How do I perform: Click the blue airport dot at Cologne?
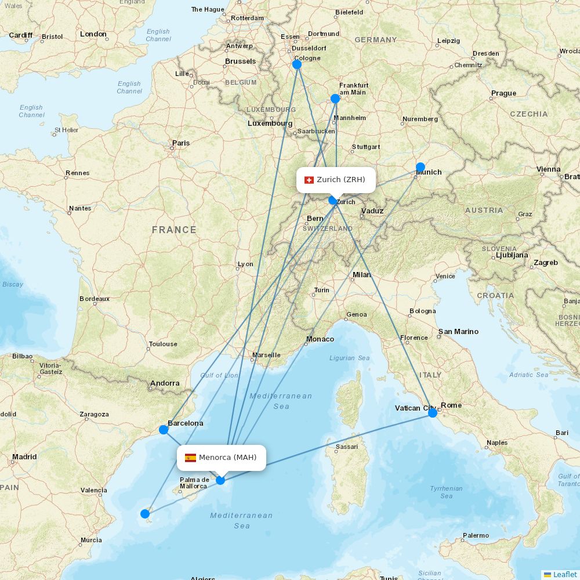(x=297, y=64)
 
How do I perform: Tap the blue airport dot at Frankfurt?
(x=335, y=99)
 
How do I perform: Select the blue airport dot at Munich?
(x=420, y=167)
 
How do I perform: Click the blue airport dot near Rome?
(x=433, y=412)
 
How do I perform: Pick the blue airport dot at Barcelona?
(x=164, y=430)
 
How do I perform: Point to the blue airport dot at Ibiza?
(x=145, y=513)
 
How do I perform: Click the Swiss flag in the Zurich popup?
(x=309, y=180)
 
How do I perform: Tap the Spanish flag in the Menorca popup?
(x=190, y=458)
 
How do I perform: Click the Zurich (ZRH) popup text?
(x=341, y=180)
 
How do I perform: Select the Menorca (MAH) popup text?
(x=227, y=458)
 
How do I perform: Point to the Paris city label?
(x=181, y=143)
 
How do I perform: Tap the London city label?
(x=93, y=34)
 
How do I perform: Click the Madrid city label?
(x=24, y=457)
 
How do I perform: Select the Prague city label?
(x=503, y=93)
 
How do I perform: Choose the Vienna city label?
(x=549, y=169)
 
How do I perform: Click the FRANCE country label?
(x=174, y=230)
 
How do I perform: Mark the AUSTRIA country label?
(x=484, y=210)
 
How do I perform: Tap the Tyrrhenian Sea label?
(x=446, y=492)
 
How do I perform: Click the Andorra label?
(x=165, y=383)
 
